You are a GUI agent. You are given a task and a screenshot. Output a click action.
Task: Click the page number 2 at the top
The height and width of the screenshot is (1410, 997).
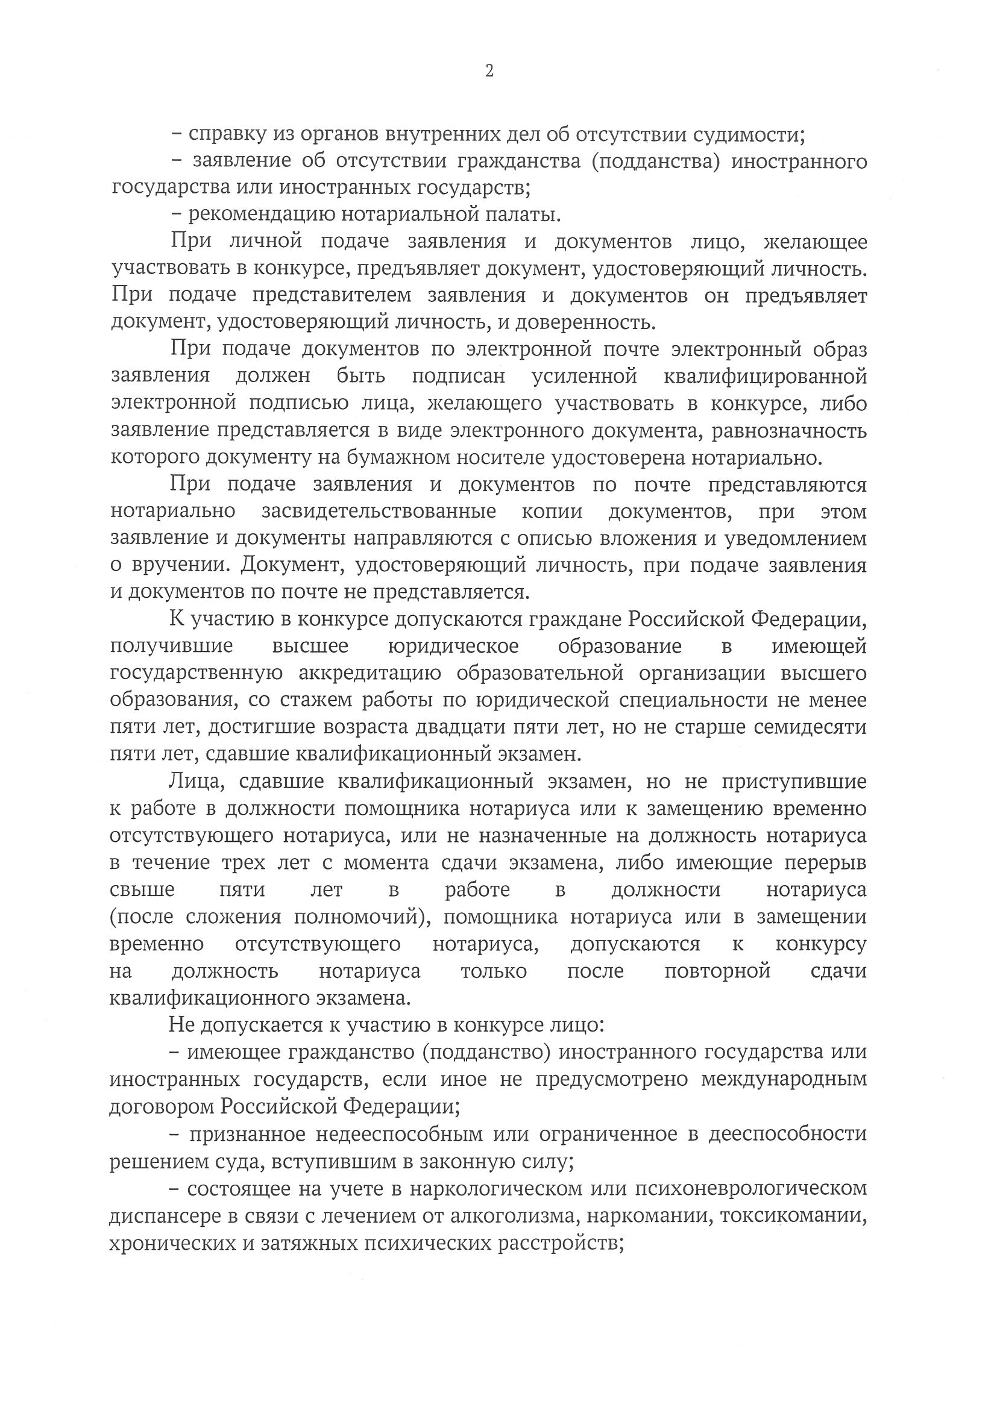point(489,71)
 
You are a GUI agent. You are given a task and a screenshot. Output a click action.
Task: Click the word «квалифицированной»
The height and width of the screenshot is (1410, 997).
point(766,376)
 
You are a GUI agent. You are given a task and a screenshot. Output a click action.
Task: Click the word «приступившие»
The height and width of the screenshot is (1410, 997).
point(794,782)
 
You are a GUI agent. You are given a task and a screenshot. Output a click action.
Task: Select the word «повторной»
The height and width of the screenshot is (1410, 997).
point(717,971)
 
